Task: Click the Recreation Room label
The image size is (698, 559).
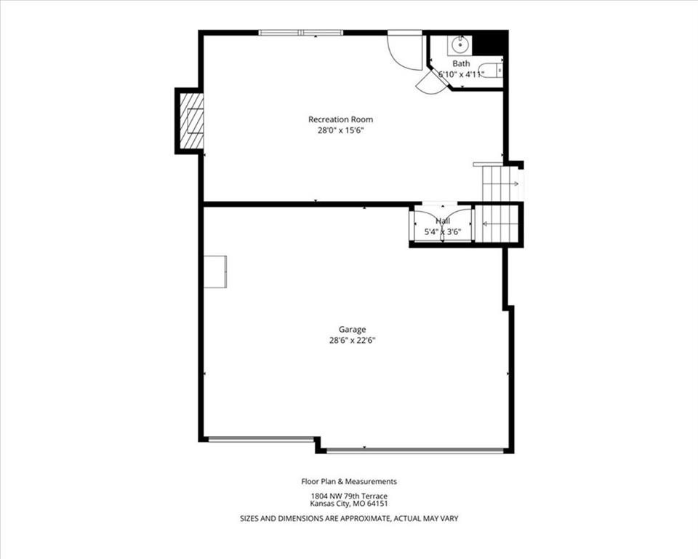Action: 340,119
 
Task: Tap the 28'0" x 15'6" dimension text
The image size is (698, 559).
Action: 340,130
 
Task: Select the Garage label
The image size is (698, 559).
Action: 353,330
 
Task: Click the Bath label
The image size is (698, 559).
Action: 461,64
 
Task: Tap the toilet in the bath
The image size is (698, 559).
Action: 493,71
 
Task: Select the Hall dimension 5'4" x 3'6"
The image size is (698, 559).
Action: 443,231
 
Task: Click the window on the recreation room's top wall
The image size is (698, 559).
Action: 301,33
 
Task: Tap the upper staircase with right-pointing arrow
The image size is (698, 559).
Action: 501,183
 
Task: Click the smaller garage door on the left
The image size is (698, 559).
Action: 261,440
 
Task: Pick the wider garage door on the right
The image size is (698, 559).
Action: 415,451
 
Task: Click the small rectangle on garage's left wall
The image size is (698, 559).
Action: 215,271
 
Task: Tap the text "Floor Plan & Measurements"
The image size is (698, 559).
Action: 349,481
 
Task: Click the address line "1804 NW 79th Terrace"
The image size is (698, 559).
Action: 349,496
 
